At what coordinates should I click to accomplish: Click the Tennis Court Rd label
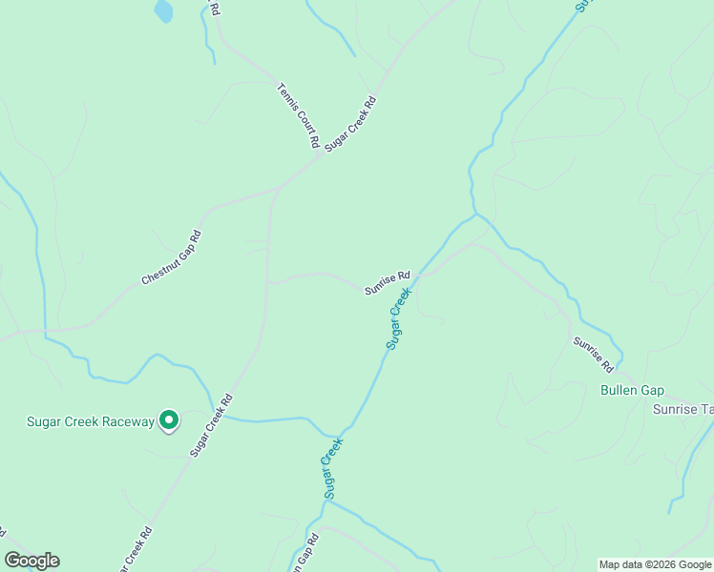click(298, 115)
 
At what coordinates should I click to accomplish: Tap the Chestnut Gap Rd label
click(172, 258)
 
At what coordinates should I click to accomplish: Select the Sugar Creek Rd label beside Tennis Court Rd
click(351, 123)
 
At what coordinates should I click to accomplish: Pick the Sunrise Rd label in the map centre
click(387, 282)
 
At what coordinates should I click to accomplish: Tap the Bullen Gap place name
click(632, 390)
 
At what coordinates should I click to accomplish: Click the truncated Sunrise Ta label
click(682, 409)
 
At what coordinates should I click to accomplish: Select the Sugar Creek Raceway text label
click(90, 421)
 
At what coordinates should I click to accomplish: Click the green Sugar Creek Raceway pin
click(169, 419)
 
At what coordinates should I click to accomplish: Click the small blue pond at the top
click(163, 10)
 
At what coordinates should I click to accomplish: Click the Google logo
click(31, 561)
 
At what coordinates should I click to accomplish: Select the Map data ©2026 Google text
click(656, 564)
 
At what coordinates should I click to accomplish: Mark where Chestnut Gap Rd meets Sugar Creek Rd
click(275, 191)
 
